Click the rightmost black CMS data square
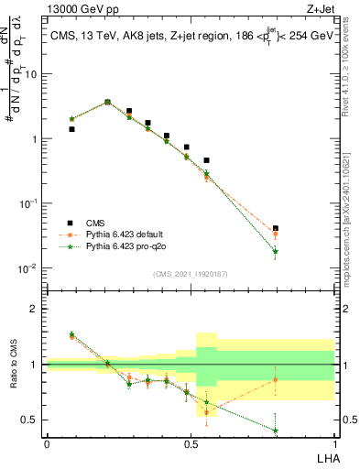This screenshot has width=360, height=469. (276, 228)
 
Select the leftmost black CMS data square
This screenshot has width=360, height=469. (71, 129)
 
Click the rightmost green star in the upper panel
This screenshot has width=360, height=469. (276, 251)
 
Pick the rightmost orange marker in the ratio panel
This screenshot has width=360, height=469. (276, 379)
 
